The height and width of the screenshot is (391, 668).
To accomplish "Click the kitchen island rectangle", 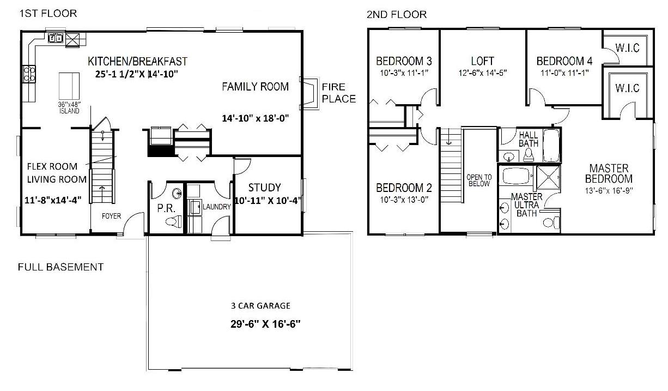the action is pyautogui.click(x=69, y=86).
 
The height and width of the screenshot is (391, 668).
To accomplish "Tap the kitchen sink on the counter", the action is pyautogui.click(x=56, y=38).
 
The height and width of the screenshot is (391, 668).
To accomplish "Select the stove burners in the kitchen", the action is pyautogui.click(x=29, y=74).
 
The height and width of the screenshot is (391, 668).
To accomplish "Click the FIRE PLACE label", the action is pyautogui.click(x=339, y=93).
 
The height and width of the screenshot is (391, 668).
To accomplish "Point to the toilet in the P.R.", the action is pyautogui.click(x=174, y=222).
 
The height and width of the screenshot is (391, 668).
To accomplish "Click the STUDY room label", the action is pyautogui.click(x=264, y=188).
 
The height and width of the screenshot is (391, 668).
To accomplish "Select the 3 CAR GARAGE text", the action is pyautogui.click(x=260, y=305).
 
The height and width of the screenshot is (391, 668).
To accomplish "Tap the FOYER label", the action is pyautogui.click(x=112, y=216).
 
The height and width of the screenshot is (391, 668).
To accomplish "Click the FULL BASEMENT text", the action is pyautogui.click(x=60, y=267).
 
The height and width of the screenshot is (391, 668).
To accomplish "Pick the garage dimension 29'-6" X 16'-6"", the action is pyautogui.click(x=265, y=324).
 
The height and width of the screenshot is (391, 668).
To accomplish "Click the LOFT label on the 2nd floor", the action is pyautogui.click(x=483, y=61).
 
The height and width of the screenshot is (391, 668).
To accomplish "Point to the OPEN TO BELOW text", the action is pyautogui.click(x=479, y=181).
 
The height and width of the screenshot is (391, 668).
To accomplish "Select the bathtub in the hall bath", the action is pyautogui.click(x=551, y=146).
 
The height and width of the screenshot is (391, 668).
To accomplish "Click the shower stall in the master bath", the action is pyautogui.click(x=548, y=177).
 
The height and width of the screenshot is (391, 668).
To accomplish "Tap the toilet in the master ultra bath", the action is pyautogui.click(x=551, y=222).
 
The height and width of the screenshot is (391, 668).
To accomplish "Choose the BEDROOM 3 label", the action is pyautogui.click(x=404, y=61).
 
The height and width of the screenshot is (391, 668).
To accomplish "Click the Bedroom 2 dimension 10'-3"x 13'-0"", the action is pyautogui.click(x=404, y=200).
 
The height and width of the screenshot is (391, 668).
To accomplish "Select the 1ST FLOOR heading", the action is pyautogui.click(x=48, y=14).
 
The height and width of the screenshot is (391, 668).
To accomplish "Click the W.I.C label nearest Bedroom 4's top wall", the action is pyautogui.click(x=628, y=48).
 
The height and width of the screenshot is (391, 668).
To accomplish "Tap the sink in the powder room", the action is pyautogui.click(x=177, y=194).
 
